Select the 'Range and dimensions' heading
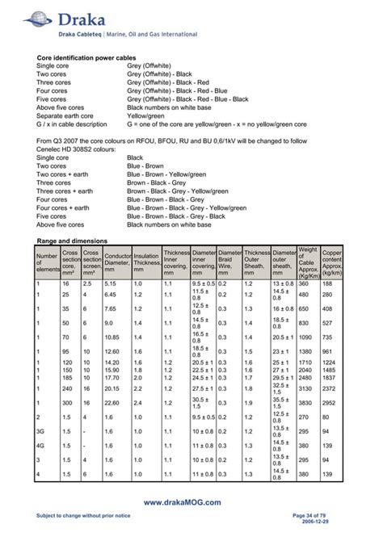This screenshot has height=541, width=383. [74, 241]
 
